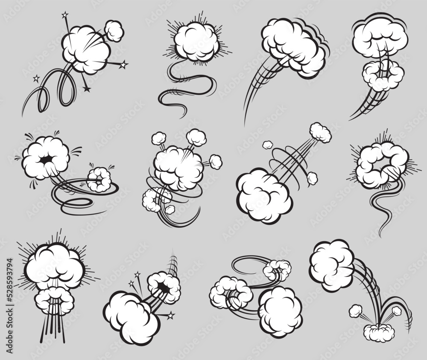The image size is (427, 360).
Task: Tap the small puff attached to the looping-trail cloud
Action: (114, 30)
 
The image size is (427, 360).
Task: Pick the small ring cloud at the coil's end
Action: (99, 179)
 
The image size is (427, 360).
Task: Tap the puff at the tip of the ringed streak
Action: (320, 132)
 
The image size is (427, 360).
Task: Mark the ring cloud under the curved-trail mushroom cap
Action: (383, 75)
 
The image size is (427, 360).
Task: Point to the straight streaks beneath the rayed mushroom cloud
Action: (53, 328)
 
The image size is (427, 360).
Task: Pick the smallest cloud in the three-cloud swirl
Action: (277, 269)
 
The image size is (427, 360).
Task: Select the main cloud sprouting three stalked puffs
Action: (178, 167)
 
